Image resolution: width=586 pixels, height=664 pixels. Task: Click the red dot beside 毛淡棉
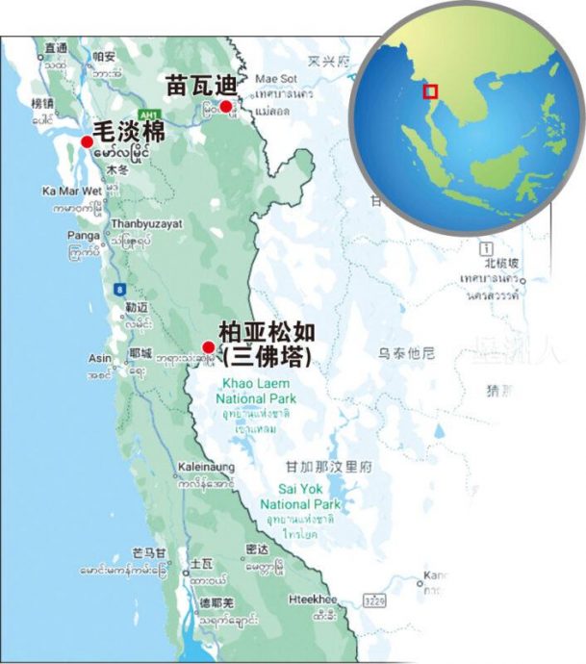tap(87, 141)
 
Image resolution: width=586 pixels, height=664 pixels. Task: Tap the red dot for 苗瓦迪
tap(225, 107)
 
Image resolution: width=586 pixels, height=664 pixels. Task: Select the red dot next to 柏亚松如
tap(208, 347)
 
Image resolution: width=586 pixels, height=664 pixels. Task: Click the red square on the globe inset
tap(430, 90)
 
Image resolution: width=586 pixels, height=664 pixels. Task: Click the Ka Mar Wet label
tap(72, 191)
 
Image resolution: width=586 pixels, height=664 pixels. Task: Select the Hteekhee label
tap(313, 599)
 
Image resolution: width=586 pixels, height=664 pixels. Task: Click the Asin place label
tap(100, 357)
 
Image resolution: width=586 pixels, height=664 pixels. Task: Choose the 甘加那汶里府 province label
tap(327, 466)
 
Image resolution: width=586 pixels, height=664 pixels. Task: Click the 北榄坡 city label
tap(501, 263)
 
